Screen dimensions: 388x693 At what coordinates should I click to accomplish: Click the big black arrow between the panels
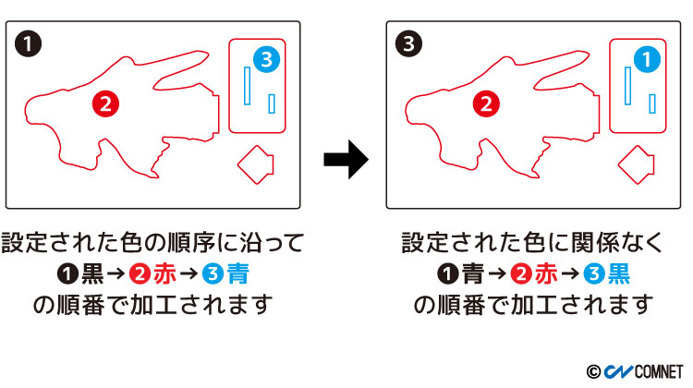click(x=346, y=160)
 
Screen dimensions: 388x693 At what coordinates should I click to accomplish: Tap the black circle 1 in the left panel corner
click(x=26, y=42)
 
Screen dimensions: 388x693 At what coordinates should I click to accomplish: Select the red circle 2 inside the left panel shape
click(x=106, y=103)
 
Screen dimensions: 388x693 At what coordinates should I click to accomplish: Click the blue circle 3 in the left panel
click(x=265, y=60)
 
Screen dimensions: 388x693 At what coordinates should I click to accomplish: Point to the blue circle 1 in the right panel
click(x=647, y=60)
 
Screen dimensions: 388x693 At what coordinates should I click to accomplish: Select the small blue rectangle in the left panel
click(x=272, y=103)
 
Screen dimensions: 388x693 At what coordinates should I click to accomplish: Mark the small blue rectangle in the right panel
click(x=652, y=103)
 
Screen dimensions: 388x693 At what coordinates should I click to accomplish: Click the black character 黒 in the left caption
click(x=92, y=274)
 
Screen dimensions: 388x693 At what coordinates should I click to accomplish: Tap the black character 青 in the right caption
click(x=474, y=274)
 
